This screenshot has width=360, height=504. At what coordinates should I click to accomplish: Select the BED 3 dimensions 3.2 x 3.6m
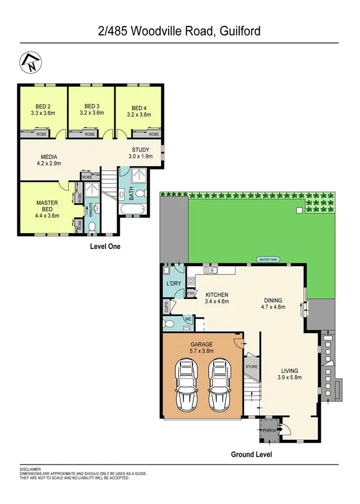pos(91,113)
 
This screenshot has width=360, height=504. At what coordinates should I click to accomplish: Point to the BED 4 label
pos(138,108)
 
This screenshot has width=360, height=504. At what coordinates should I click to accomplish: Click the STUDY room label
pos(140,149)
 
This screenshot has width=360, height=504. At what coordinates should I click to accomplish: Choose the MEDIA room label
pos(49,157)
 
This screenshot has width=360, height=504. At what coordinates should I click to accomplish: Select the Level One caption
pos(104,247)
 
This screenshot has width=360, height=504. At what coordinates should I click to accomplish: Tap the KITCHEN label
pos(217,295)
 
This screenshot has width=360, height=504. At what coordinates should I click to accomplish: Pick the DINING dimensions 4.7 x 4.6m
pos(274,307)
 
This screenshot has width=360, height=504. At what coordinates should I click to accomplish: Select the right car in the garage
pos(218,387)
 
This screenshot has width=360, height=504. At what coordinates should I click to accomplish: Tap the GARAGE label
pos(202,344)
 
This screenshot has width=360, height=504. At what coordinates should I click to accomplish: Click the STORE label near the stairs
pos(252,367)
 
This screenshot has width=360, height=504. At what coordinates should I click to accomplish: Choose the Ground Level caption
pos(251,455)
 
